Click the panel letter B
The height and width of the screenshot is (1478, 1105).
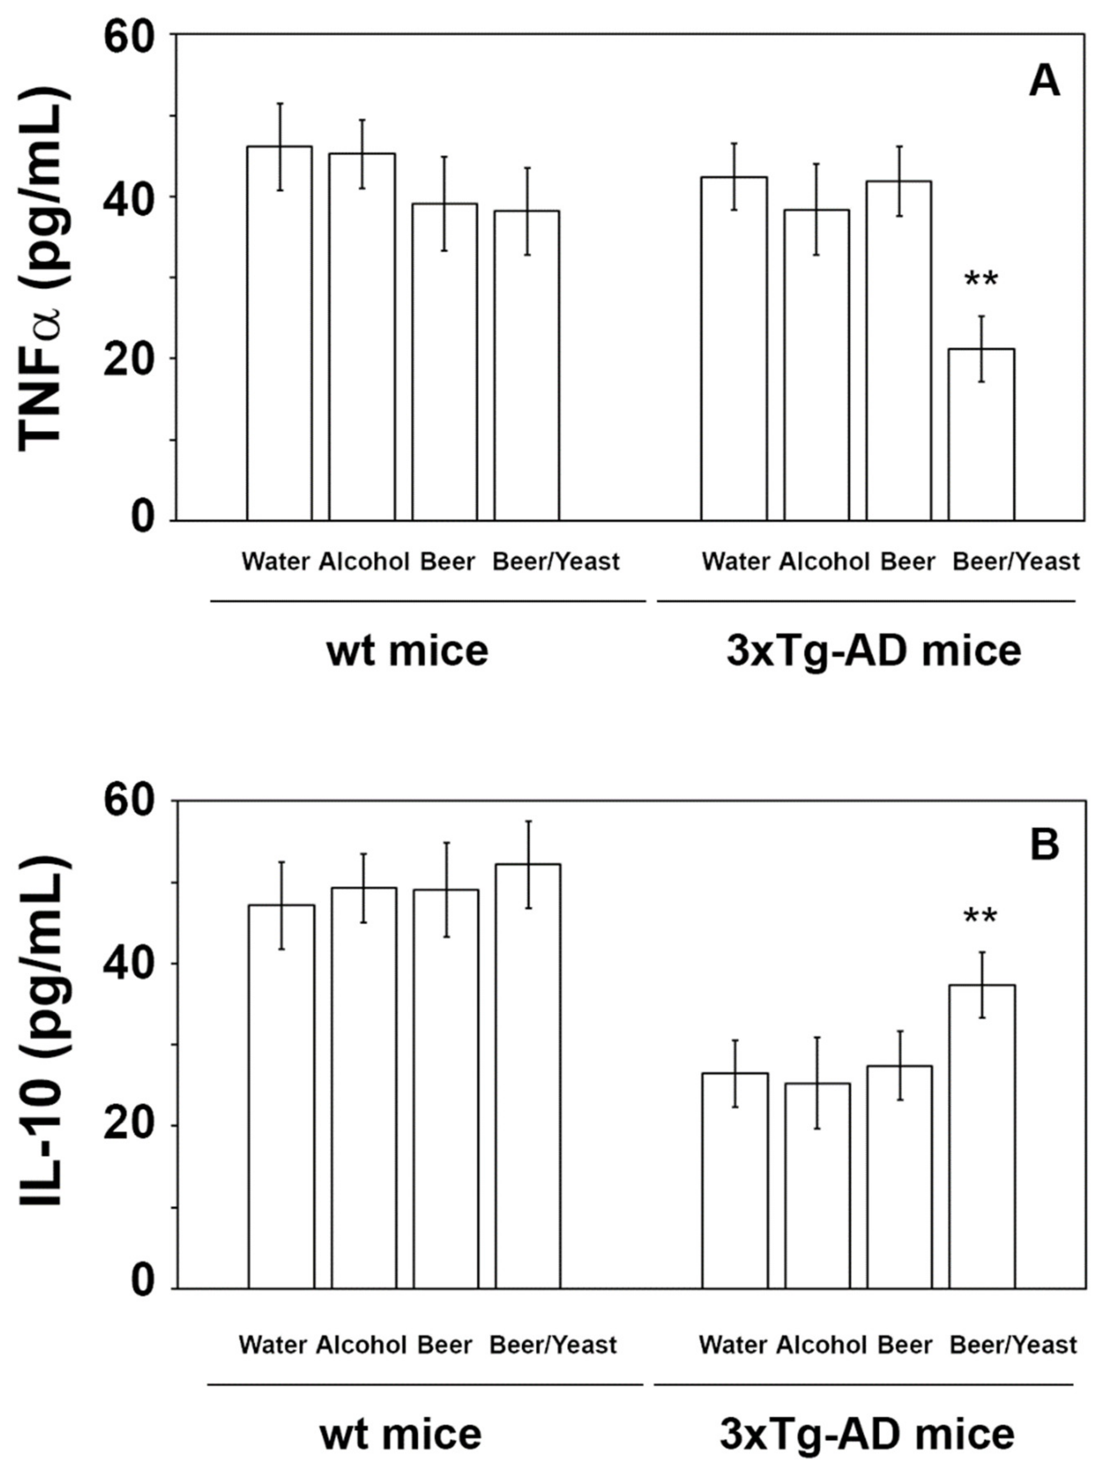point(1044,844)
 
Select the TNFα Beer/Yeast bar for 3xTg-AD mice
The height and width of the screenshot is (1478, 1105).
point(981,434)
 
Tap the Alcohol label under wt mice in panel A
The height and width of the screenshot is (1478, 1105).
point(363,561)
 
